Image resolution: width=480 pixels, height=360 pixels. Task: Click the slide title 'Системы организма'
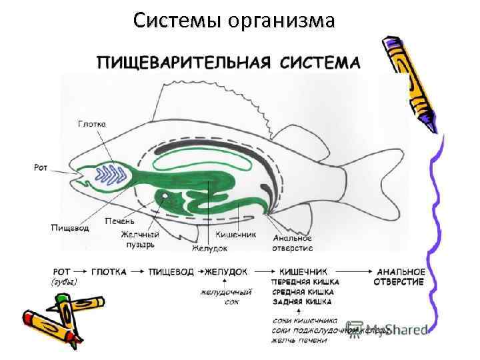pyautogui.click(x=233, y=21)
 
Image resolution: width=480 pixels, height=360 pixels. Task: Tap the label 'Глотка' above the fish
pyautogui.click(x=92, y=124)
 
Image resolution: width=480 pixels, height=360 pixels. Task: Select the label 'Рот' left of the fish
pyautogui.click(x=41, y=167)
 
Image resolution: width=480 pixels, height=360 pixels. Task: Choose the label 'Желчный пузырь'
pyautogui.click(x=139, y=239)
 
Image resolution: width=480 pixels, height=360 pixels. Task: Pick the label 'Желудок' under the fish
pyautogui.click(x=209, y=248)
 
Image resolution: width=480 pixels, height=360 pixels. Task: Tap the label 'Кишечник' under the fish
pyautogui.click(x=236, y=235)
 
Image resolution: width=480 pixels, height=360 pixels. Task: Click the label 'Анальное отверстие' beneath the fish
pyautogui.click(x=292, y=243)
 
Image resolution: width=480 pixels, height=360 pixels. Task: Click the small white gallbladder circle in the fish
pyautogui.click(x=164, y=197)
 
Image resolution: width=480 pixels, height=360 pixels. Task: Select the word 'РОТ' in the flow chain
pyautogui.click(x=61, y=272)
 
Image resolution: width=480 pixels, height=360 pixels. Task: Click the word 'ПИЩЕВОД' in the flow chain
pyautogui.click(x=171, y=272)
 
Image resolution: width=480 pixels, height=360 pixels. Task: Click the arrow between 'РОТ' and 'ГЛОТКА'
pyautogui.click(x=81, y=272)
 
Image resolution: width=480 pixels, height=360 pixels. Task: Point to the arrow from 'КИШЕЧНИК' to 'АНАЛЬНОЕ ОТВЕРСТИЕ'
pyautogui.click(x=351, y=272)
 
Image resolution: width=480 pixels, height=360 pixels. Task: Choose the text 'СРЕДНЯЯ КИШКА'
pyautogui.click(x=305, y=291)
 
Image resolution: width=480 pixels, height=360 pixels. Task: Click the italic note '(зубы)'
pyautogui.click(x=64, y=282)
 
